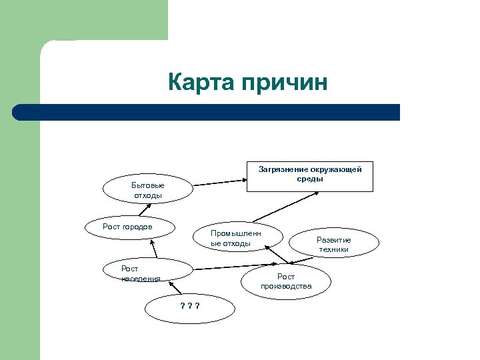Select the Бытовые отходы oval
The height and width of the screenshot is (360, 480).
pyautogui.click(x=147, y=189)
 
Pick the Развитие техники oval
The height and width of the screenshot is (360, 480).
pyautogui.click(x=333, y=244)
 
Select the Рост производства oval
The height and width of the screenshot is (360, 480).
pyautogui.click(x=286, y=281)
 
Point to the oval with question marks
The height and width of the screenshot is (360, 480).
pyautogui.click(x=191, y=306)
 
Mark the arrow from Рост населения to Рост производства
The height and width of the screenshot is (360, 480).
pyautogui.click(x=229, y=268)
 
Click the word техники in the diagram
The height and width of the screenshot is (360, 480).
pyautogui.click(x=333, y=249)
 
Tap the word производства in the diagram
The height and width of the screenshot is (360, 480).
pyautogui.click(x=286, y=286)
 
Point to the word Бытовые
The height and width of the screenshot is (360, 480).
pyautogui.click(x=147, y=185)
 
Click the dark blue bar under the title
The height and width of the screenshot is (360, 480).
pyautogui.click(x=207, y=112)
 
